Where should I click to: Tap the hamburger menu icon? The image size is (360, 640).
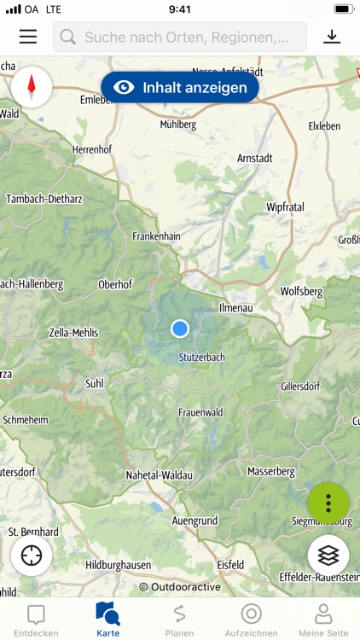tap(28, 37)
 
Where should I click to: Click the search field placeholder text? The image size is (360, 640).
tap(193, 37)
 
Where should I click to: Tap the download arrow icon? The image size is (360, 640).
tap(332, 37)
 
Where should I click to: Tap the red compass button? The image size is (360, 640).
tap(32, 86)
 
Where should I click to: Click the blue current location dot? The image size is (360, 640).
tap(179, 329)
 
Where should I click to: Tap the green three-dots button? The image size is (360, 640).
tap(328, 503)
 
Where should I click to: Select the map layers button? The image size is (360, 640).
tap(328, 556)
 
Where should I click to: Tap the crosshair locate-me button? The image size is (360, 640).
tap(32, 556)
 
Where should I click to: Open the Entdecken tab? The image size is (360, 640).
tap(36, 620)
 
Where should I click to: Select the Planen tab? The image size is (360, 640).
tap(179, 620)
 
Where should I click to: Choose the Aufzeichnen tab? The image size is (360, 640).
tap(251, 620)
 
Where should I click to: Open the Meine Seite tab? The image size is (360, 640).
tap(323, 620)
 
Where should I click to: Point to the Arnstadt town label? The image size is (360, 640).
tap(254, 158)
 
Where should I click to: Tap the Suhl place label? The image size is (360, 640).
tap(94, 384)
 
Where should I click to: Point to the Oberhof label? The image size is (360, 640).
tap(116, 285)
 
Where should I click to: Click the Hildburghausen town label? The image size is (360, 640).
tap(118, 565)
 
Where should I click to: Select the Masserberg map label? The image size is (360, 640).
tap(270, 471)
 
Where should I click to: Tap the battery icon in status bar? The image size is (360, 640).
tap(343, 9)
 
